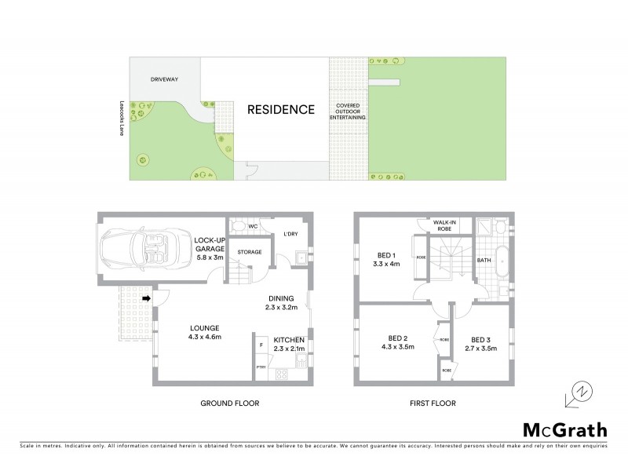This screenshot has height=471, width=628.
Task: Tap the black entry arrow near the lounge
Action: tap(147, 298)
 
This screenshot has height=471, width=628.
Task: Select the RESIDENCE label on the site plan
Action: tap(281, 110)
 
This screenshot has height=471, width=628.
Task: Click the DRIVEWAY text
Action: tap(166, 79)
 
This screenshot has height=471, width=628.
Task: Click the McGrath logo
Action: tap(564, 429)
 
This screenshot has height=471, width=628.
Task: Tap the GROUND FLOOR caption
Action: tap(230, 403)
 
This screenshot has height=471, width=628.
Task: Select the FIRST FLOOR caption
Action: tap(432, 403)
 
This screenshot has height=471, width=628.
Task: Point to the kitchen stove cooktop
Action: tap(282, 374)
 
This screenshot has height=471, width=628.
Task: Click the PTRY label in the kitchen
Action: tap(260, 366)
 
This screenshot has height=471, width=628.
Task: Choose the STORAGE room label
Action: tap(250, 252)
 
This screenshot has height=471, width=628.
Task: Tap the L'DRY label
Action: tap(290, 234)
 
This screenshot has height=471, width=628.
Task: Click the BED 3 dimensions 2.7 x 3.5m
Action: tap(484, 349)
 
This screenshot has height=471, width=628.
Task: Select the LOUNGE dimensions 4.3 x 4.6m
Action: tap(206, 337)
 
